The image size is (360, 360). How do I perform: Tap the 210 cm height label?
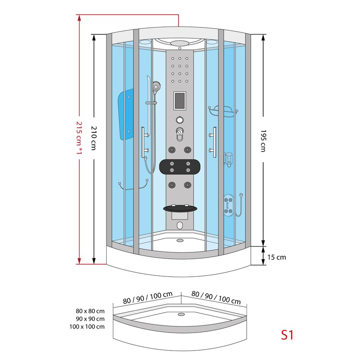[x=94, y=138]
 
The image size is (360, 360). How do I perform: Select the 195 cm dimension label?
[x=262, y=141]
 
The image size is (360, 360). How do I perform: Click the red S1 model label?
[x=287, y=335]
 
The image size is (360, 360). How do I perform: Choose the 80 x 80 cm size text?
[x=90, y=311]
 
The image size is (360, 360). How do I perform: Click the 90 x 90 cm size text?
[x=90, y=319]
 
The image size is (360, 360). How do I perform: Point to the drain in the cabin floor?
[x=180, y=240]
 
